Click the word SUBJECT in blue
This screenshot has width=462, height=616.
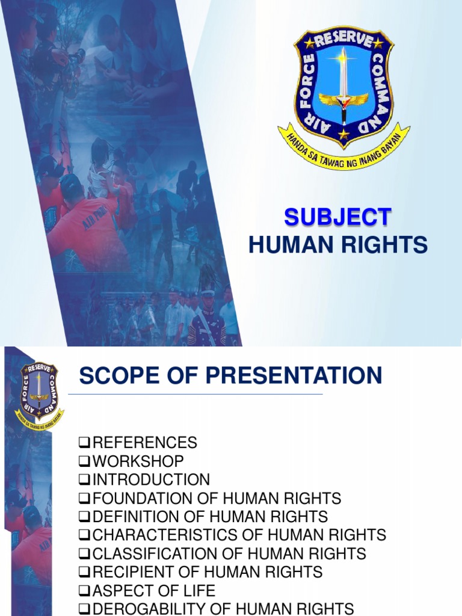(x=337, y=217)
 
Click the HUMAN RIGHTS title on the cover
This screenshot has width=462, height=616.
(x=338, y=245)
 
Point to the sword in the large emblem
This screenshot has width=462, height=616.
(x=343, y=84)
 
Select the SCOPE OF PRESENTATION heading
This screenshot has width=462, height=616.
(x=230, y=376)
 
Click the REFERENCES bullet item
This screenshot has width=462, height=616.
(x=144, y=443)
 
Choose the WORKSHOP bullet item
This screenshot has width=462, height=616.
(x=138, y=461)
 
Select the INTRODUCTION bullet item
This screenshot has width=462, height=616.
(x=151, y=479)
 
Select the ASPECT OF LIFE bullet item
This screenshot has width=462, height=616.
(x=153, y=590)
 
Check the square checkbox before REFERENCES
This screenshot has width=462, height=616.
(x=84, y=443)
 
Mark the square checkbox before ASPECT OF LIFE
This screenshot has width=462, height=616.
(x=84, y=591)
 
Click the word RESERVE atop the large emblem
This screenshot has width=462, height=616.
(x=343, y=38)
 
